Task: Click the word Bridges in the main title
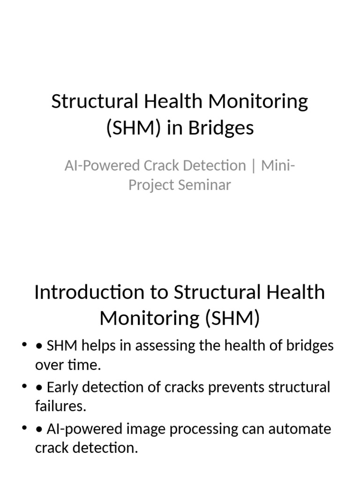tap(221, 127)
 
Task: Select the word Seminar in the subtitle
tap(204, 185)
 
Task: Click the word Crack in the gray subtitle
tap(172, 165)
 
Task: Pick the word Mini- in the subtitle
tap(278, 165)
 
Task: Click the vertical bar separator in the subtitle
tap(254, 166)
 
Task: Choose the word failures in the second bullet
tap(60, 406)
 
